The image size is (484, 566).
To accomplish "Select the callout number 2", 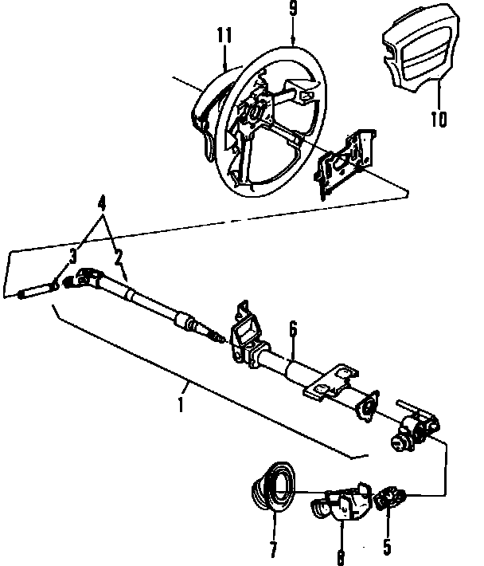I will point(118,257).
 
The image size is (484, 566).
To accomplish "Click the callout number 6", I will point(292,328).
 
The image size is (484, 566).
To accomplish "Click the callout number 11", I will point(224,36).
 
